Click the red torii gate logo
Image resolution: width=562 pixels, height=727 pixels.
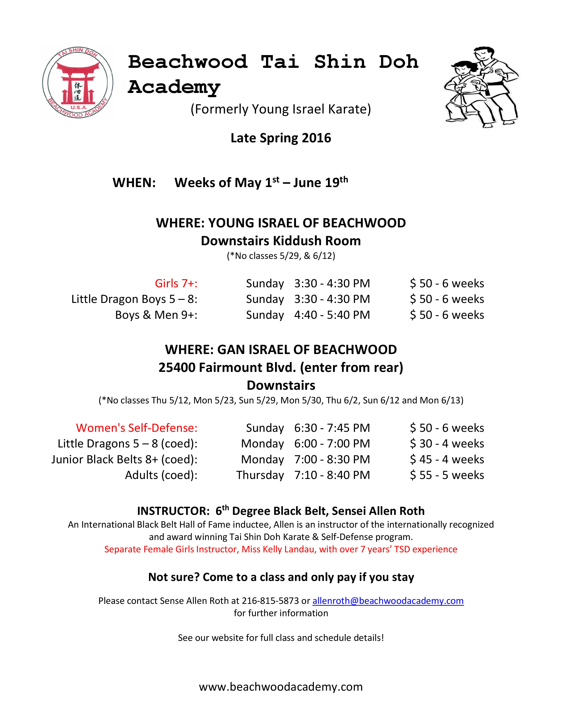coord(78,83)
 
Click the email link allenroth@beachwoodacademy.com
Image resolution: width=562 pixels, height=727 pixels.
coord(388,601)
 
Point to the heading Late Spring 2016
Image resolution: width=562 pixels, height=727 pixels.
coord(281,138)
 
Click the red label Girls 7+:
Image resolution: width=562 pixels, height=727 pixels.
coord(176,283)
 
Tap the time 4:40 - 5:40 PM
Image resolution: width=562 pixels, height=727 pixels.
coord(332,315)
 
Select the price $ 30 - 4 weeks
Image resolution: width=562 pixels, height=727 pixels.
coord(447,443)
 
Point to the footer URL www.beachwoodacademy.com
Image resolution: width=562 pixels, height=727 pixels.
coord(281,686)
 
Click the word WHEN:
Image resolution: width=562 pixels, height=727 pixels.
coord(134,183)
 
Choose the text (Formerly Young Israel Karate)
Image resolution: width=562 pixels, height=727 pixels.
coord(281,109)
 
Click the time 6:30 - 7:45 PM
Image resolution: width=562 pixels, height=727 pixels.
coord(332,428)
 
